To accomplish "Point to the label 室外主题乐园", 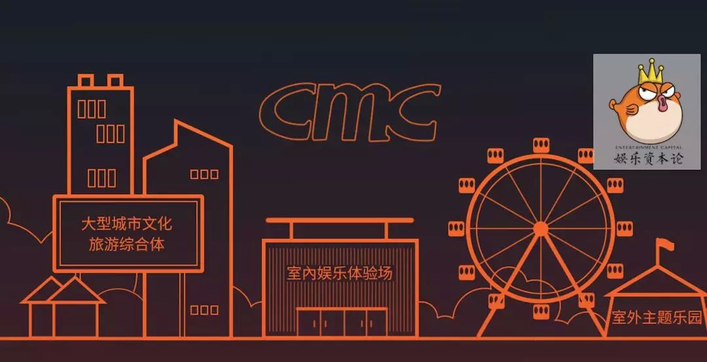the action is (656, 319).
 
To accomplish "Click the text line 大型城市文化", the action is (126, 224).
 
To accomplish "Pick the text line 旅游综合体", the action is (126, 245).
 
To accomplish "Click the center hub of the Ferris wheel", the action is (541, 229).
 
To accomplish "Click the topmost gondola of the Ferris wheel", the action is (541, 145).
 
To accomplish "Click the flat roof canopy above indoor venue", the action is (339, 221).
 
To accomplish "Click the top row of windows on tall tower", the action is (92, 109).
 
